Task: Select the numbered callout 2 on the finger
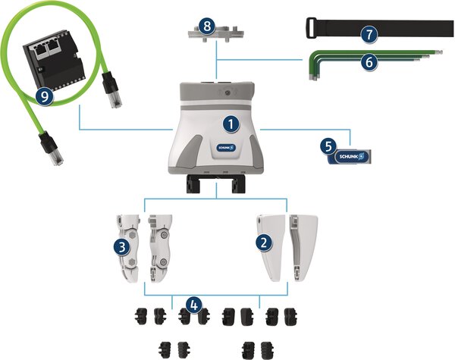(x=263, y=243)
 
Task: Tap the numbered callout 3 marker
(x=121, y=246)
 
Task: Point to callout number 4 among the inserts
(x=195, y=305)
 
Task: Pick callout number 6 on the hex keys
(x=369, y=63)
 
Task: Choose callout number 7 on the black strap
(x=369, y=35)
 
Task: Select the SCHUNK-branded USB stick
(x=350, y=155)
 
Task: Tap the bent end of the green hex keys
(x=312, y=68)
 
